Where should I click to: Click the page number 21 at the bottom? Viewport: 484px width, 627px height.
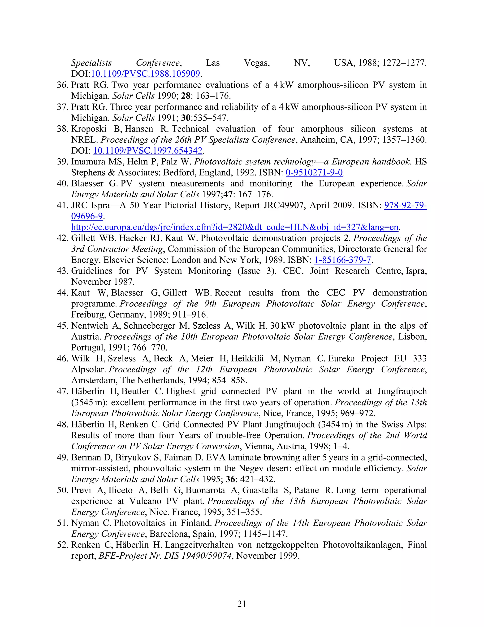click(242, 604)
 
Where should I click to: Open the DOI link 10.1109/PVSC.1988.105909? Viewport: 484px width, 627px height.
click(145, 74)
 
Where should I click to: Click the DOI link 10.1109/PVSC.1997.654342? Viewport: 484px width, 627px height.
click(148, 150)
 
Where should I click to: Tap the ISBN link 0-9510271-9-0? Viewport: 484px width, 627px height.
click(314, 172)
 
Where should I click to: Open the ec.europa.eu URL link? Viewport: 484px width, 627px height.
click(234, 227)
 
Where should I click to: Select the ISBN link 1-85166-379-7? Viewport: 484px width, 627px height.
click(343, 260)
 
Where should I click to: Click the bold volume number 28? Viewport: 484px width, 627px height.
click(186, 96)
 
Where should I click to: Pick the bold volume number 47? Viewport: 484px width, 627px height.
click(228, 194)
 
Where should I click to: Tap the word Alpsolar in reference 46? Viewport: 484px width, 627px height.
click(89, 370)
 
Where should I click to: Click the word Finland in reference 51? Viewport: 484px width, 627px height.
click(195, 523)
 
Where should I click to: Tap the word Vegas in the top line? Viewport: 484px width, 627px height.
click(257, 63)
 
